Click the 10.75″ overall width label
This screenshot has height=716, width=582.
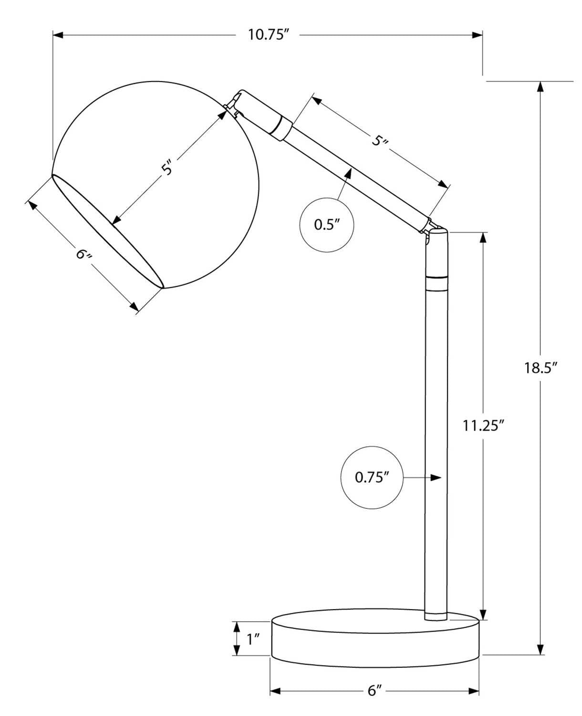point(269,35)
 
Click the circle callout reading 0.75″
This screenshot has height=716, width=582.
point(372,477)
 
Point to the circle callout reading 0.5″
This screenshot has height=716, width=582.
point(327,224)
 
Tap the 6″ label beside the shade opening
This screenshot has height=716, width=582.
point(83,254)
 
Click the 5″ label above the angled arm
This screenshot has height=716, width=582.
point(380,140)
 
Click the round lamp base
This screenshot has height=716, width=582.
point(375,642)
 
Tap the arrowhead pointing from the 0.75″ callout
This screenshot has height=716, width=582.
point(436,477)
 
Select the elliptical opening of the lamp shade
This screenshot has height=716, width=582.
point(107,232)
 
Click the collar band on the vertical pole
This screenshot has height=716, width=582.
point(436,283)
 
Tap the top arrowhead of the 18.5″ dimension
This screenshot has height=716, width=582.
point(540,87)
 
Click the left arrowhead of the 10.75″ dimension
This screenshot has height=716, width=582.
point(58,35)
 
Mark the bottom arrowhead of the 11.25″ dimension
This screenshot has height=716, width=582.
point(483,615)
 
